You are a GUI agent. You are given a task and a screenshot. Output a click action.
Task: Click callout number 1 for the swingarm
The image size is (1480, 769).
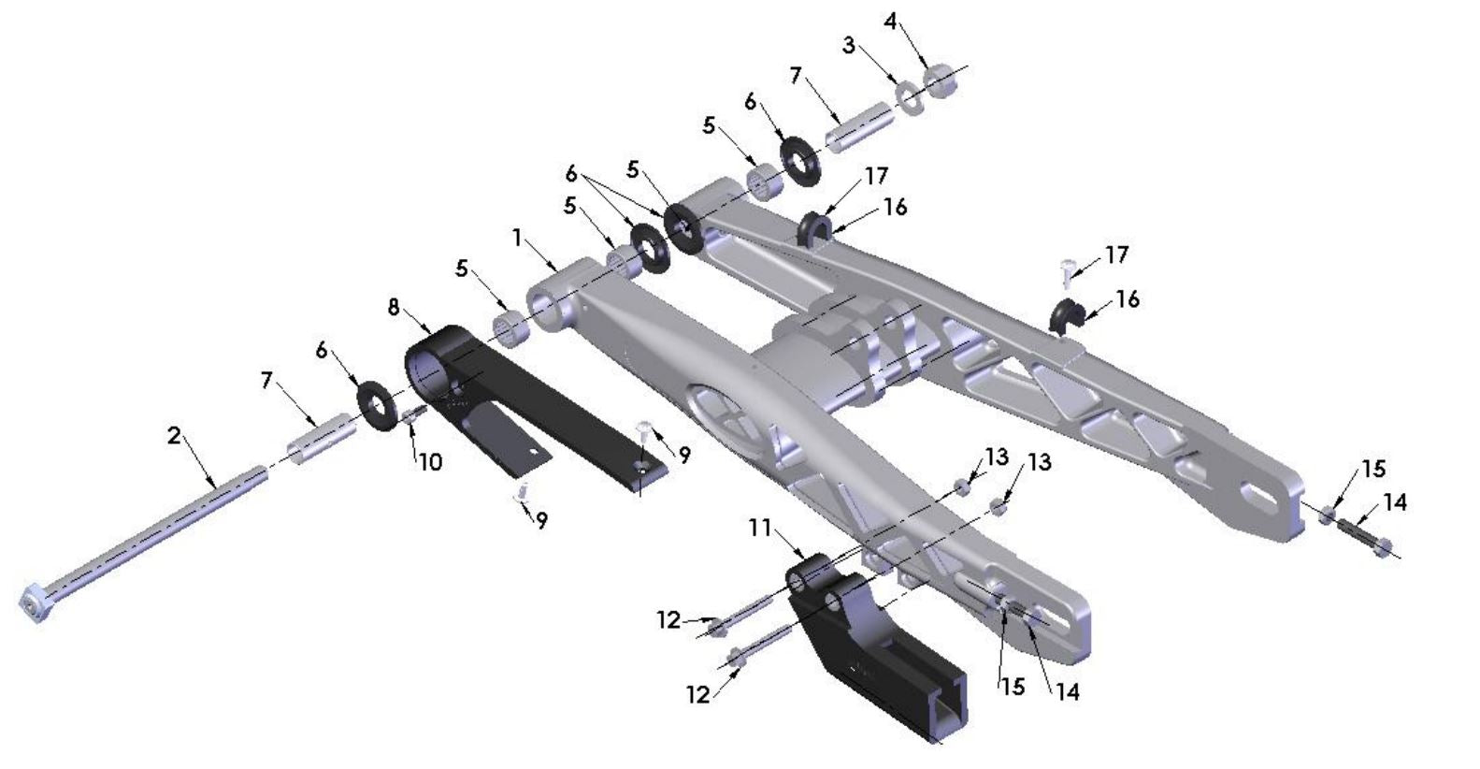click(x=517, y=238)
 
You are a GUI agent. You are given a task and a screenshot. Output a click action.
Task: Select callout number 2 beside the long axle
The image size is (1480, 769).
click(x=174, y=435)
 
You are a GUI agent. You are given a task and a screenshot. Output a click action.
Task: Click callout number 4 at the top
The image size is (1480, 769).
click(x=891, y=21)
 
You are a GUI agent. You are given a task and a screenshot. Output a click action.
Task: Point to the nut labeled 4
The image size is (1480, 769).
click(x=941, y=80)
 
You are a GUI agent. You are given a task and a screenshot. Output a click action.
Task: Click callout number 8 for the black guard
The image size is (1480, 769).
click(x=394, y=306)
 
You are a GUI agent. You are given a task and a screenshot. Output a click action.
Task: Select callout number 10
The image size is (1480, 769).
click(x=429, y=461)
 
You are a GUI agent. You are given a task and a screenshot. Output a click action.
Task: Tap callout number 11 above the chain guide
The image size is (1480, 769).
click(x=759, y=529)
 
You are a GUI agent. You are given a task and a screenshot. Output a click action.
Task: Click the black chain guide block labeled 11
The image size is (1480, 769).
click(x=879, y=655)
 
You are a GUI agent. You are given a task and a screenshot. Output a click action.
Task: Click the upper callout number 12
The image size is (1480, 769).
click(x=668, y=619)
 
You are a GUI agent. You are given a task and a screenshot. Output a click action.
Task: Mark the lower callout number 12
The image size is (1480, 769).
click(x=698, y=694)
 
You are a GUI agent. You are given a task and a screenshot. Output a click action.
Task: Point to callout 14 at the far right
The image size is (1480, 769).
click(x=1394, y=503)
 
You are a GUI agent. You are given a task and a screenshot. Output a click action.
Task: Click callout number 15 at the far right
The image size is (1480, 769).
click(x=1372, y=470)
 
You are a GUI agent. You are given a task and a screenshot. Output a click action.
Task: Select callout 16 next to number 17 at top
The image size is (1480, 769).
click(x=895, y=207)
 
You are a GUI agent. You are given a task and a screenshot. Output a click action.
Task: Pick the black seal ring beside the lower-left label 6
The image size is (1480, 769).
click(x=379, y=404)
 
